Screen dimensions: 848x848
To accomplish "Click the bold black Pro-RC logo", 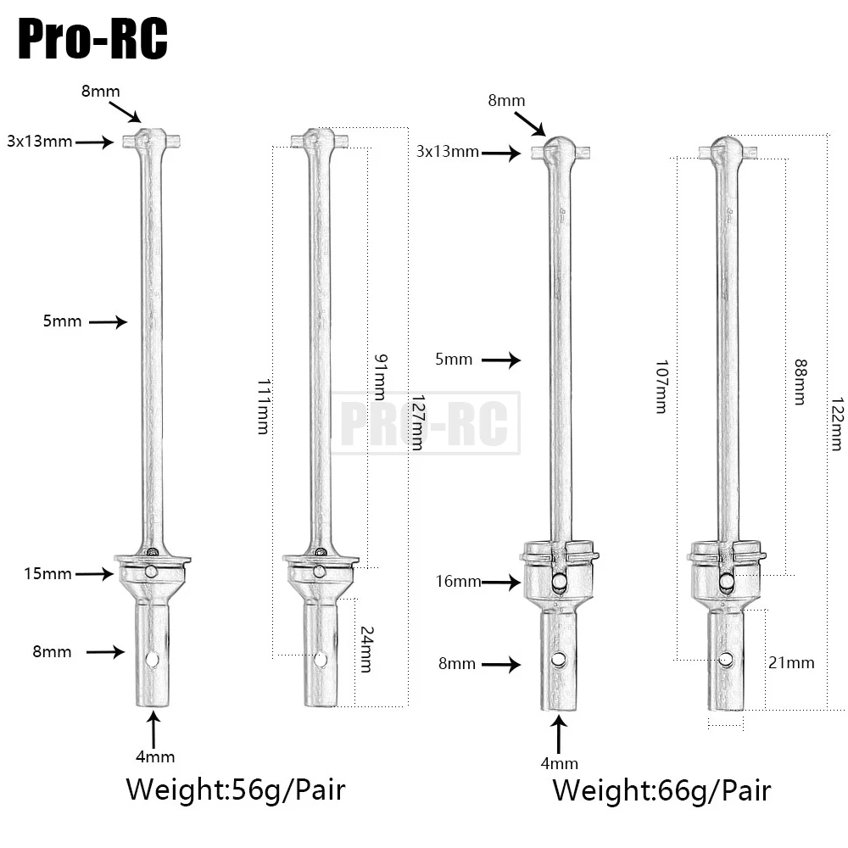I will click(x=92, y=39).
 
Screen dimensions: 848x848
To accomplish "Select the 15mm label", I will click(x=47, y=574).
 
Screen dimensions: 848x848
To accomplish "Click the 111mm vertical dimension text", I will click(x=264, y=406).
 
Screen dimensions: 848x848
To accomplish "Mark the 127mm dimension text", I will click(x=416, y=421).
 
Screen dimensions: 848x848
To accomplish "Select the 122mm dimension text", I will click(x=838, y=421).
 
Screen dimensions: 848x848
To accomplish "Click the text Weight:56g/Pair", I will click(x=236, y=789).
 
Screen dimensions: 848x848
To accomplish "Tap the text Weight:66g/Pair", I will click(x=661, y=790).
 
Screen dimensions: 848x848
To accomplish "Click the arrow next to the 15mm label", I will click(x=94, y=574).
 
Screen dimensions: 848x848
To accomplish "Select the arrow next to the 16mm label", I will click(x=501, y=582).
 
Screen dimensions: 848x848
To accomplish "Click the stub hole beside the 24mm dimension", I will click(x=320, y=659).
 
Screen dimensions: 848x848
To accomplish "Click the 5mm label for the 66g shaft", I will click(x=454, y=360).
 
